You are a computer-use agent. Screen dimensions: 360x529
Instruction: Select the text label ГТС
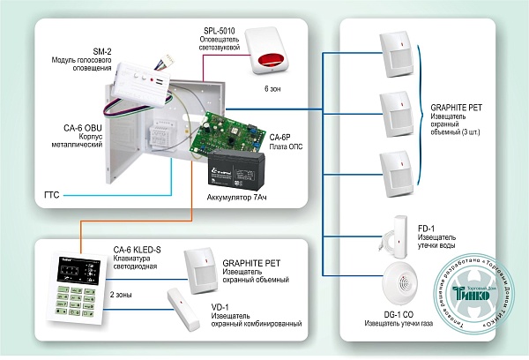53,191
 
